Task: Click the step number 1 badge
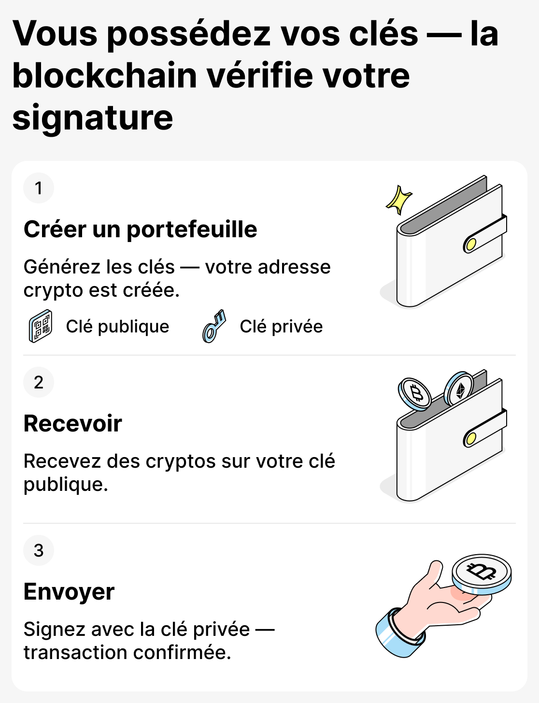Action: click(x=39, y=188)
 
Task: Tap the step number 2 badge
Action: click(x=39, y=382)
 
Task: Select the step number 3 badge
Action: click(x=39, y=550)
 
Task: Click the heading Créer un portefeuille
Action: click(x=140, y=229)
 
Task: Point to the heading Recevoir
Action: click(x=73, y=424)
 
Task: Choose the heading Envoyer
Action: click(x=69, y=592)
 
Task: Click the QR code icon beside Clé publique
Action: click(x=41, y=326)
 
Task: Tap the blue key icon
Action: click(x=213, y=326)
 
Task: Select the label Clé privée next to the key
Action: click(x=281, y=327)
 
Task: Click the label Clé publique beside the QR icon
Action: click(x=117, y=327)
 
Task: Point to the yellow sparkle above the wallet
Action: click(x=399, y=199)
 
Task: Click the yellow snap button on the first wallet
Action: click(x=470, y=245)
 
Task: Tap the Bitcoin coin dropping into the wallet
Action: click(x=415, y=393)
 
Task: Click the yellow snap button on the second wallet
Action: click(x=470, y=439)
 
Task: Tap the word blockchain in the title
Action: click(x=104, y=76)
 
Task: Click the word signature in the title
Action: click(x=93, y=117)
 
